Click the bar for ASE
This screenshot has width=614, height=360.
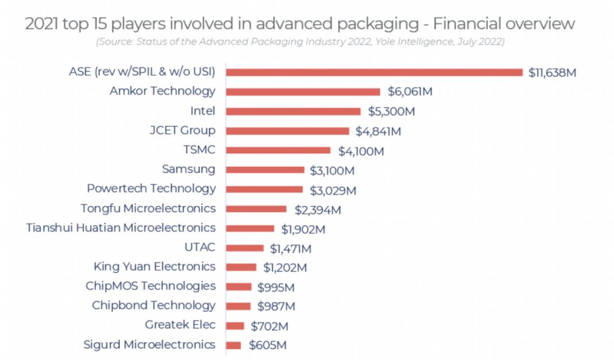374,72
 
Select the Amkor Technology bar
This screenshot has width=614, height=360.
303,92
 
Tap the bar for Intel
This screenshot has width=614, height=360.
293,111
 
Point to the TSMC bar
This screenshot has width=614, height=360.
278,150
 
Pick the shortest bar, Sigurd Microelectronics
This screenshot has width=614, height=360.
233,346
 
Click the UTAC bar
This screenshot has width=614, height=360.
245,248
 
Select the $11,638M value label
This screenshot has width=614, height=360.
552,73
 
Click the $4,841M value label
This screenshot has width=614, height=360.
378,131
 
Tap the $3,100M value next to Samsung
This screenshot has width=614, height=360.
332,171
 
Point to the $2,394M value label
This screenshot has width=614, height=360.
318,210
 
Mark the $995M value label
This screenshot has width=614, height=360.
276,287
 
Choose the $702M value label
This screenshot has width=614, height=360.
269,327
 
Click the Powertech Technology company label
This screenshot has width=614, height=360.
151,188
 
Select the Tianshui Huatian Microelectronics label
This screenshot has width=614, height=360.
121,227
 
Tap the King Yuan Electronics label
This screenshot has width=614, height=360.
155,266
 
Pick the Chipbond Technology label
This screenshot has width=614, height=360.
154,305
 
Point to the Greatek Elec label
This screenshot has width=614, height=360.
180,325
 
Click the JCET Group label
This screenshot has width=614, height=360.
182,130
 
